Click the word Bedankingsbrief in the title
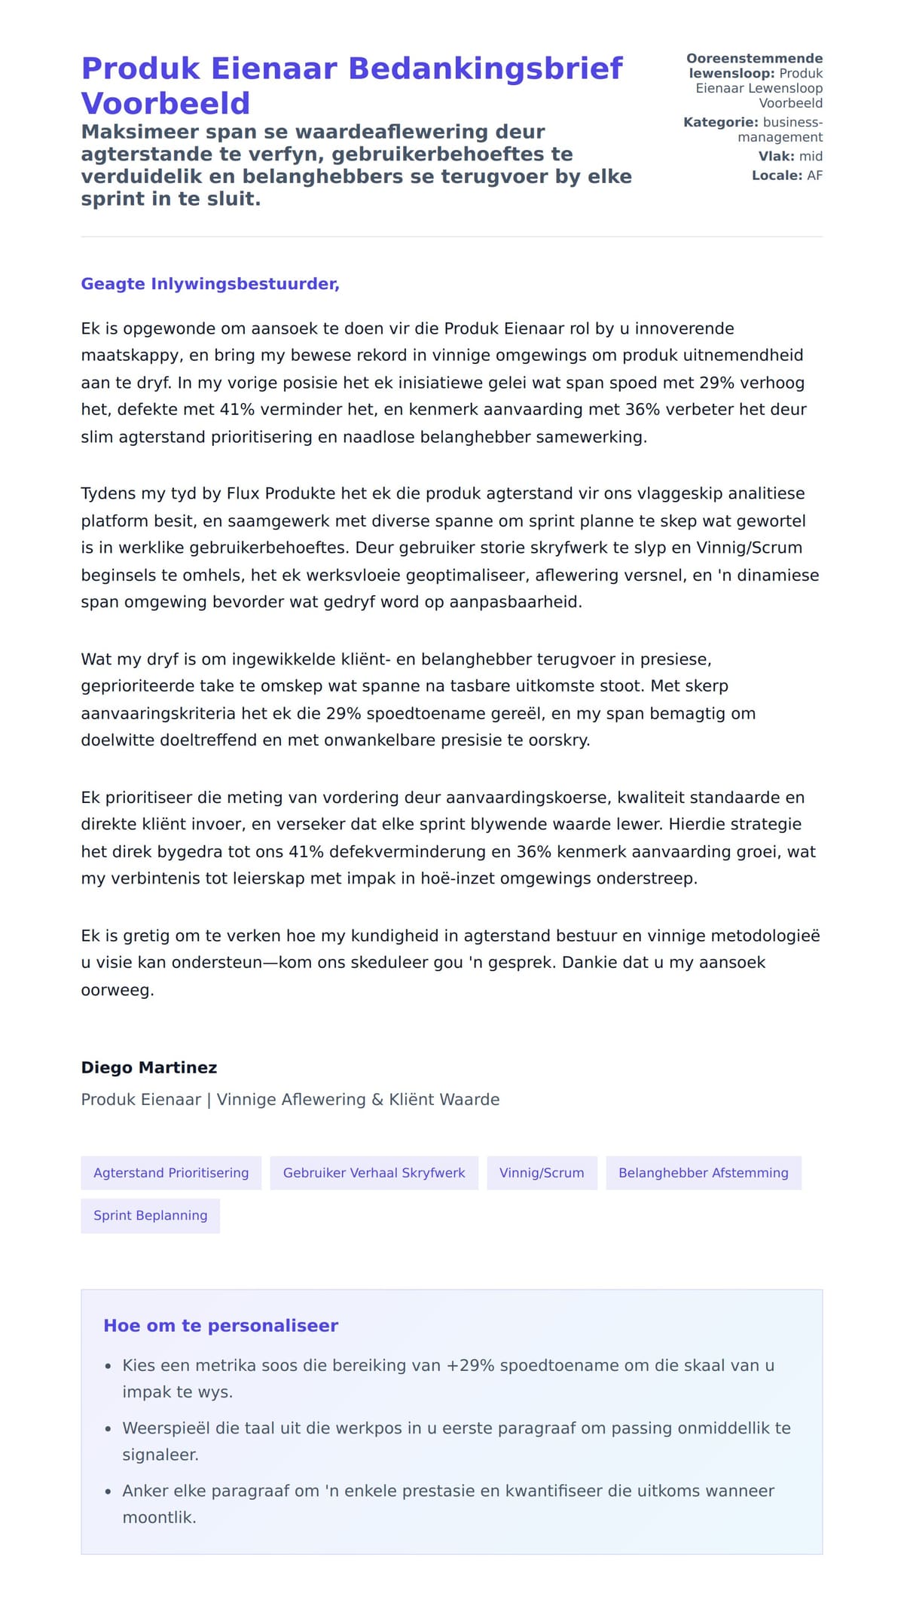click(485, 69)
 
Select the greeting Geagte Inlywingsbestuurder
click(210, 284)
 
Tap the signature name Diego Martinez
click(149, 1067)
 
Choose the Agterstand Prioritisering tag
click(171, 1173)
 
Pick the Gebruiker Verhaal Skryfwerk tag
click(374, 1173)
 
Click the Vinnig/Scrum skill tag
click(542, 1173)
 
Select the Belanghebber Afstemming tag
click(703, 1173)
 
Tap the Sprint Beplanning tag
click(150, 1215)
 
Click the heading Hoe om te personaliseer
click(221, 1325)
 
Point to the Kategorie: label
click(721, 122)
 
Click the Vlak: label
click(776, 156)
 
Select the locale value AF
click(814, 176)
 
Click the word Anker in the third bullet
click(145, 1490)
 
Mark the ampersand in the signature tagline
click(377, 1100)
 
